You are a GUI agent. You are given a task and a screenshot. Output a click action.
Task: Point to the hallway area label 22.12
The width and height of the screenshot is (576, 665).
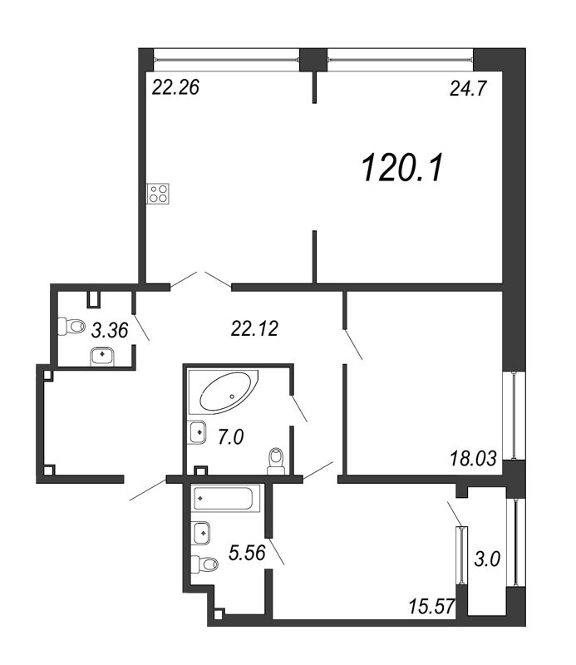pos(252,330)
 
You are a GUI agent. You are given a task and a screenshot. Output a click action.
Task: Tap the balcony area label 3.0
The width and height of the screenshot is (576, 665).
pos(488,559)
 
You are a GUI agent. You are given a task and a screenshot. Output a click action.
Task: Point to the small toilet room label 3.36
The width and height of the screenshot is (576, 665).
pos(110,330)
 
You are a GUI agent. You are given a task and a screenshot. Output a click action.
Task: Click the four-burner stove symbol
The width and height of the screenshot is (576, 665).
pos(158,194)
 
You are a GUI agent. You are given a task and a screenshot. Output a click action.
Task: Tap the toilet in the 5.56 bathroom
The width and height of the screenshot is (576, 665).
pos(204,564)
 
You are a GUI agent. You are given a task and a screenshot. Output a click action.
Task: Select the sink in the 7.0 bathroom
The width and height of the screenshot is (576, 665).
pos(198,432)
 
